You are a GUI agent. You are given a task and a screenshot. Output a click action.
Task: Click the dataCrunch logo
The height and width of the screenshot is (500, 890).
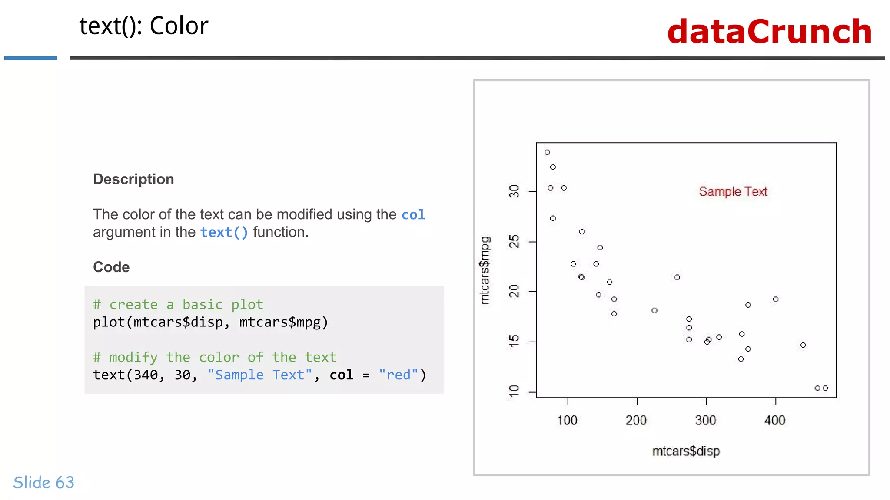(x=769, y=32)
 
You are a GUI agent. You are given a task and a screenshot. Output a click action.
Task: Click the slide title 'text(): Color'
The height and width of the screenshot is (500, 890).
(x=144, y=26)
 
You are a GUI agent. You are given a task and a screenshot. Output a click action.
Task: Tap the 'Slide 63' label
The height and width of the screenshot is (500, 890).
(x=44, y=482)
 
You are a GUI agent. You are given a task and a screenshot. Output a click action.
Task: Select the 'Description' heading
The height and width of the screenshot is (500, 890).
(x=133, y=179)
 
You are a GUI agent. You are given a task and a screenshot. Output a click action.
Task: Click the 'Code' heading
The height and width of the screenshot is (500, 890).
(x=111, y=267)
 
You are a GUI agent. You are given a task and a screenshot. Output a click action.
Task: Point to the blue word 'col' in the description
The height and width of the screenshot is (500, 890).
(x=413, y=215)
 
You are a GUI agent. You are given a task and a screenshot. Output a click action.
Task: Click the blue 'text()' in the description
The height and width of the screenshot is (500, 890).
(x=224, y=233)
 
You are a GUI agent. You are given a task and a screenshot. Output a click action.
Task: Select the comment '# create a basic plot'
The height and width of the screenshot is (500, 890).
(x=178, y=304)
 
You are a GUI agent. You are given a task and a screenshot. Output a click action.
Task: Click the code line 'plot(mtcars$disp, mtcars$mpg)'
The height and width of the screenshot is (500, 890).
(x=210, y=322)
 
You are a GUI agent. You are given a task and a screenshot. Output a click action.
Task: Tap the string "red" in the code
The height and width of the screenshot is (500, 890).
(x=398, y=375)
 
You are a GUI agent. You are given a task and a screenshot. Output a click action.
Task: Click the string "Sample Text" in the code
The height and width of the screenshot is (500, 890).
(x=259, y=375)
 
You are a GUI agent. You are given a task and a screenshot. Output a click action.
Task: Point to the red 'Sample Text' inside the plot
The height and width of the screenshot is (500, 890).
(x=733, y=191)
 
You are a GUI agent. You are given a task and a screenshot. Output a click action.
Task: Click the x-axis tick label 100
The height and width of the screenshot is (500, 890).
(x=567, y=420)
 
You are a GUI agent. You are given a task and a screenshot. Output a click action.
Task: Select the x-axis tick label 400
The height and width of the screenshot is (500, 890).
(x=775, y=420)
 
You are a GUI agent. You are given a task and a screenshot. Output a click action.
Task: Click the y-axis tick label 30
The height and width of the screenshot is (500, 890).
(x=514, y=191)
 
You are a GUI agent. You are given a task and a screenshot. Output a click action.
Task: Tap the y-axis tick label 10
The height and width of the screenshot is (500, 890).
(x=514, y=391)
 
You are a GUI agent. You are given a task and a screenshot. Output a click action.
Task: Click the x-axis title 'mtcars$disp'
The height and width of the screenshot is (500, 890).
(x=686, y=451)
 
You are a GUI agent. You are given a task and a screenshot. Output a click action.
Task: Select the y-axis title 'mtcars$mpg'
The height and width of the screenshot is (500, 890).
(x=485, y=270)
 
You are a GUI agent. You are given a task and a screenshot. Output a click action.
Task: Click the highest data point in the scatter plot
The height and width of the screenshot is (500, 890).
(x=548, y=152)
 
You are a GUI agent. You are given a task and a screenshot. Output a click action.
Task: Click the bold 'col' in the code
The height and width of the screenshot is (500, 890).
(x=341, y=375)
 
